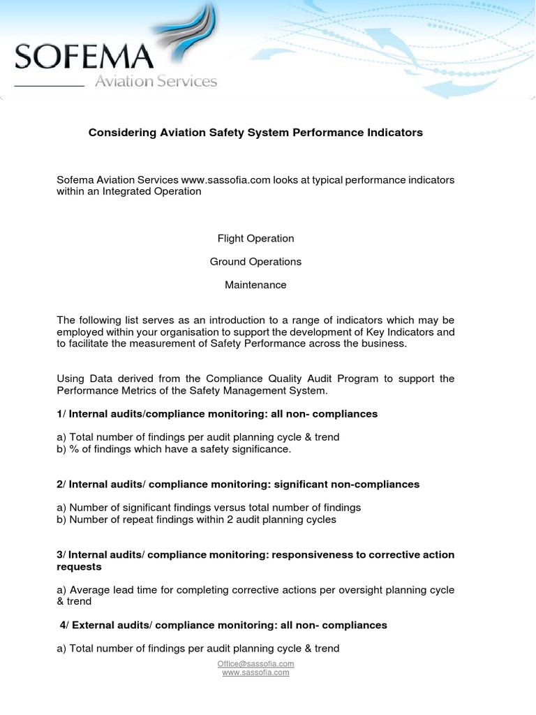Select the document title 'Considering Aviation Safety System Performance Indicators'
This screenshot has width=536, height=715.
pyautogui.click(x=255, y=132)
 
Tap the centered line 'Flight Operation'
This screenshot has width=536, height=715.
pyautogui.click(x=255, y=238)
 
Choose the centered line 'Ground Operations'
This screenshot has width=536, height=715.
pyautogui.click(x=255, y=261)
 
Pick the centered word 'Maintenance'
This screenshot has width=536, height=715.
pyautogui.click(x=255, y=285)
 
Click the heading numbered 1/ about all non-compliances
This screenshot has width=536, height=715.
pyautogui.click(x=217, y=413)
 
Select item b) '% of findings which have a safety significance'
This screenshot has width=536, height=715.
pyautogui.click(x=174, y=449)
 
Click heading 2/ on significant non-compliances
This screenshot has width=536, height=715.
pyautogui.click(x=238, y=484)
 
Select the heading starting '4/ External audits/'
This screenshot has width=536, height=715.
pyautogui.click(x=223, y=625)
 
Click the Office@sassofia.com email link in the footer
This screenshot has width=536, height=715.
pyautogui.click(x=255, y=663)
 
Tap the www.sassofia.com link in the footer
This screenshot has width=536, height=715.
pyautogui.click(x=255, y=672)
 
